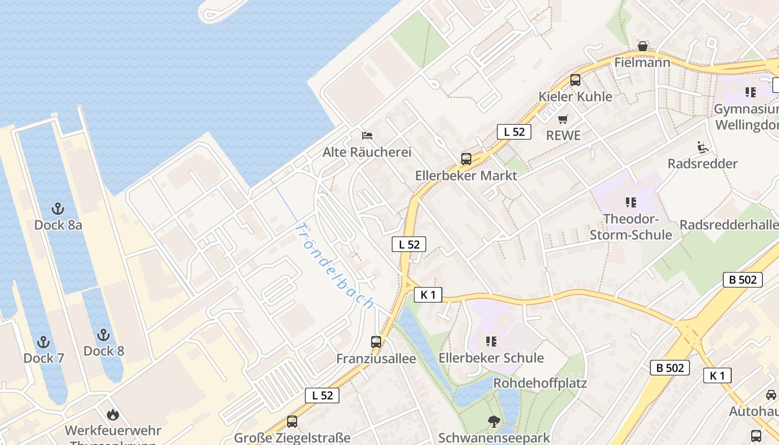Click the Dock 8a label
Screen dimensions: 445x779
tap(58, 225)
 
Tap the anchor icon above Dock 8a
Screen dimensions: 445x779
tap(58, 209)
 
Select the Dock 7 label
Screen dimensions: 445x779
tap(43, 358)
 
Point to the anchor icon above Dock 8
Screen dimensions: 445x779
tap(103, 335)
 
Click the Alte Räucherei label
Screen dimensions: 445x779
tap(367, 152)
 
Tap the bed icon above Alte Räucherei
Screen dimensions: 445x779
tap(367, 135)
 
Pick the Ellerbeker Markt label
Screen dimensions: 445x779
tap(466, 176)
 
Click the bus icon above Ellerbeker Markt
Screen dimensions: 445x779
tap(466, 159)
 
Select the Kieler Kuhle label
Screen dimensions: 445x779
tap(575, 96)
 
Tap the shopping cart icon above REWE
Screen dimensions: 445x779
tap(563, 119)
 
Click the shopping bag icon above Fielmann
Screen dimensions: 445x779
tap(642, 46)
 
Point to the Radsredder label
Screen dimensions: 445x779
tap(702, 164)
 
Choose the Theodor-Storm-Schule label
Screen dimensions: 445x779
tap(630, 227)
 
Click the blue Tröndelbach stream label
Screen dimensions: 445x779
tap(333, 266)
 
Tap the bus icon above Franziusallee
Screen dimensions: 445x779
tap(376, 342)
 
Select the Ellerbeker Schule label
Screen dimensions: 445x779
tap(491, 358)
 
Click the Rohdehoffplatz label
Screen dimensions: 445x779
tap(540, 383)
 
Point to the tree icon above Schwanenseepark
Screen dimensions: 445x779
tap(494, 422)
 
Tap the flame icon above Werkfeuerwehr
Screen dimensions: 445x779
tap(113, 414)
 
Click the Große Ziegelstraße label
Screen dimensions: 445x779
tap(292, 438)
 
